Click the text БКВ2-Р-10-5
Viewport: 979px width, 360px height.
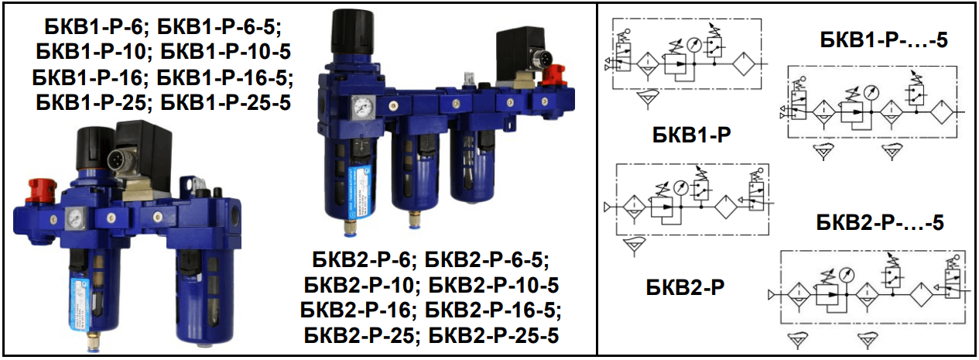(493, 284)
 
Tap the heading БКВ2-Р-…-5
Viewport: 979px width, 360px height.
(880, 224)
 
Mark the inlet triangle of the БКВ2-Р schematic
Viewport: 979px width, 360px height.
(608, 207)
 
